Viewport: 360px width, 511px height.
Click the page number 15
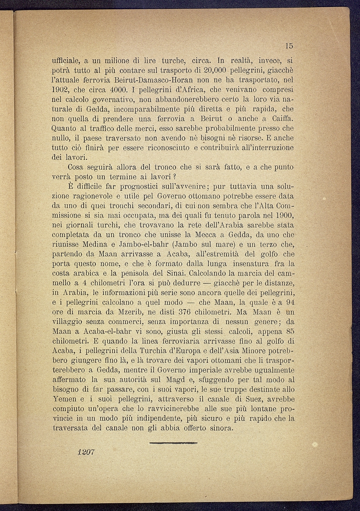[288, 46]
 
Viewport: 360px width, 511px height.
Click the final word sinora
[219, 428]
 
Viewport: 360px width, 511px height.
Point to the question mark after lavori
[176, 177]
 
